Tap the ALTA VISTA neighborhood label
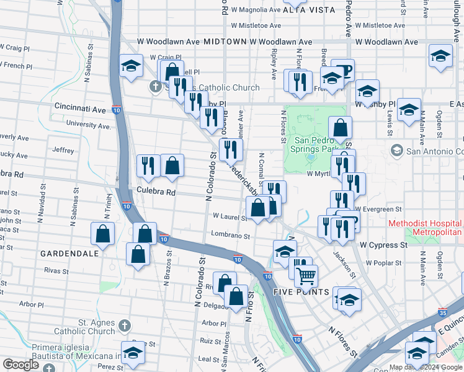coord(308,11)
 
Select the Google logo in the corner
coord(20,364)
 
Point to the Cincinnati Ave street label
coord(80,108)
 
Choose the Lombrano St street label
coord(230,236)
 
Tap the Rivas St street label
coord(56,270)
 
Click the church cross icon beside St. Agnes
coord(125,325)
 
